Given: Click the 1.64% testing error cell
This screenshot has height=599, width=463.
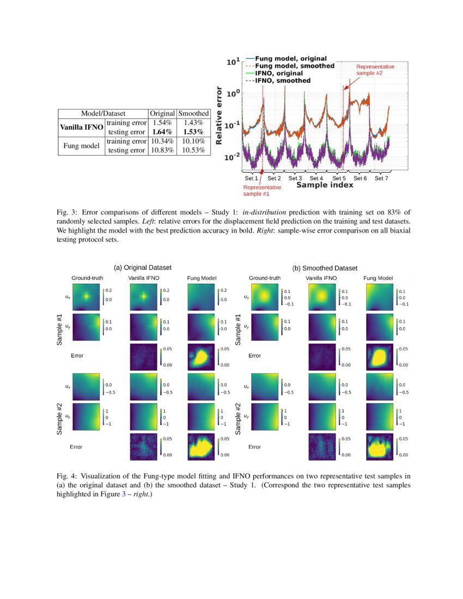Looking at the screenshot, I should pos(162,132).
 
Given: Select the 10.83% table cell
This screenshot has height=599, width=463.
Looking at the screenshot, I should pos(162,150).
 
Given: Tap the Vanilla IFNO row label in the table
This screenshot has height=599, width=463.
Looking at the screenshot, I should pos(81,127).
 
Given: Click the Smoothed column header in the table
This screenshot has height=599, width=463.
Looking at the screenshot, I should pos(194,113).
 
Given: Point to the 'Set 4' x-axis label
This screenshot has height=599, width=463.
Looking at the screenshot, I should pos(316,178).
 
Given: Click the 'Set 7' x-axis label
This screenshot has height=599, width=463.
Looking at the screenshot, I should pos(381,178).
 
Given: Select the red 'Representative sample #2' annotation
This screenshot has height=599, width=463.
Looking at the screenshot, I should pos(375,69).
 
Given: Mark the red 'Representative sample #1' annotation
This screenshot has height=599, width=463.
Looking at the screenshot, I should pos(262,190).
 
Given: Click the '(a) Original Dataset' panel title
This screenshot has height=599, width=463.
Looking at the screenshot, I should pos(142,267).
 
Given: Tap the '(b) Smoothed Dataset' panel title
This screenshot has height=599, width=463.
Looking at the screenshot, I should pos(325,268).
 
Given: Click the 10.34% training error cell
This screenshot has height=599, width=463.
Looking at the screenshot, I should pos(162,141).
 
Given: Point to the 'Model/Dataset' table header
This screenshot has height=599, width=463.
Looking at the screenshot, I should pos(103,113).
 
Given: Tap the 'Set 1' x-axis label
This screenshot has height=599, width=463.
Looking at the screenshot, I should pos(251,178).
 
